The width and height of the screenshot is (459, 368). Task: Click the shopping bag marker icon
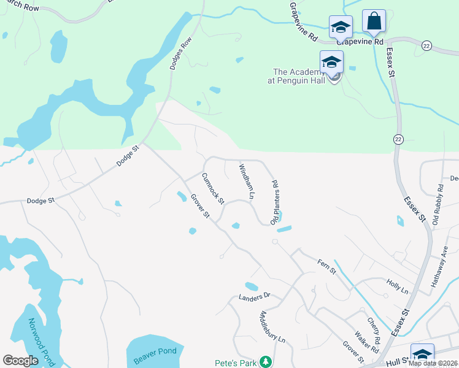(373, 21)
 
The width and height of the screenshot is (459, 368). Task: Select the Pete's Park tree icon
(265, 362)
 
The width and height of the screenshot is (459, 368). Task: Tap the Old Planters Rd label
(276, 201)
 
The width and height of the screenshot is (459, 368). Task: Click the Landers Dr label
(254, 297)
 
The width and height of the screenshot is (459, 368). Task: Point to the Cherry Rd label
(374, 330)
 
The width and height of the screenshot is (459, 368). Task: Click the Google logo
(20, 361)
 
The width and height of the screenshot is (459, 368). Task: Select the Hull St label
(396, 363)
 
